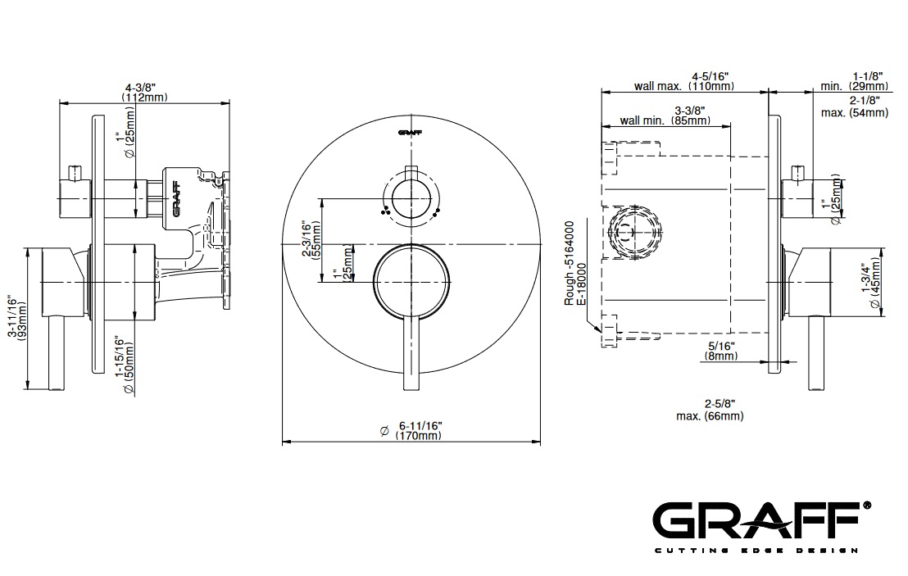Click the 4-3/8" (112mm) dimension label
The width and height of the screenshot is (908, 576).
coord(144,93)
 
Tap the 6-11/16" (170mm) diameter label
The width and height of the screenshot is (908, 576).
coord(418,430)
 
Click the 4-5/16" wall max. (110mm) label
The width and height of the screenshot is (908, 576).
coord(684,82)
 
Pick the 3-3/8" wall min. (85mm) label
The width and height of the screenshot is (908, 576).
coord(666,116)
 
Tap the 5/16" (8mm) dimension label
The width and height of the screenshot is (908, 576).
coord(721,351)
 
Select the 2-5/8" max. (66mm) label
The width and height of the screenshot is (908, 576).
coord(710,410)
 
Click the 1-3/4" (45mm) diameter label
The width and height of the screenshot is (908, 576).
coord(870,283)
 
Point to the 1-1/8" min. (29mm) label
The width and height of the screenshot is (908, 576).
coord(855,81)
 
